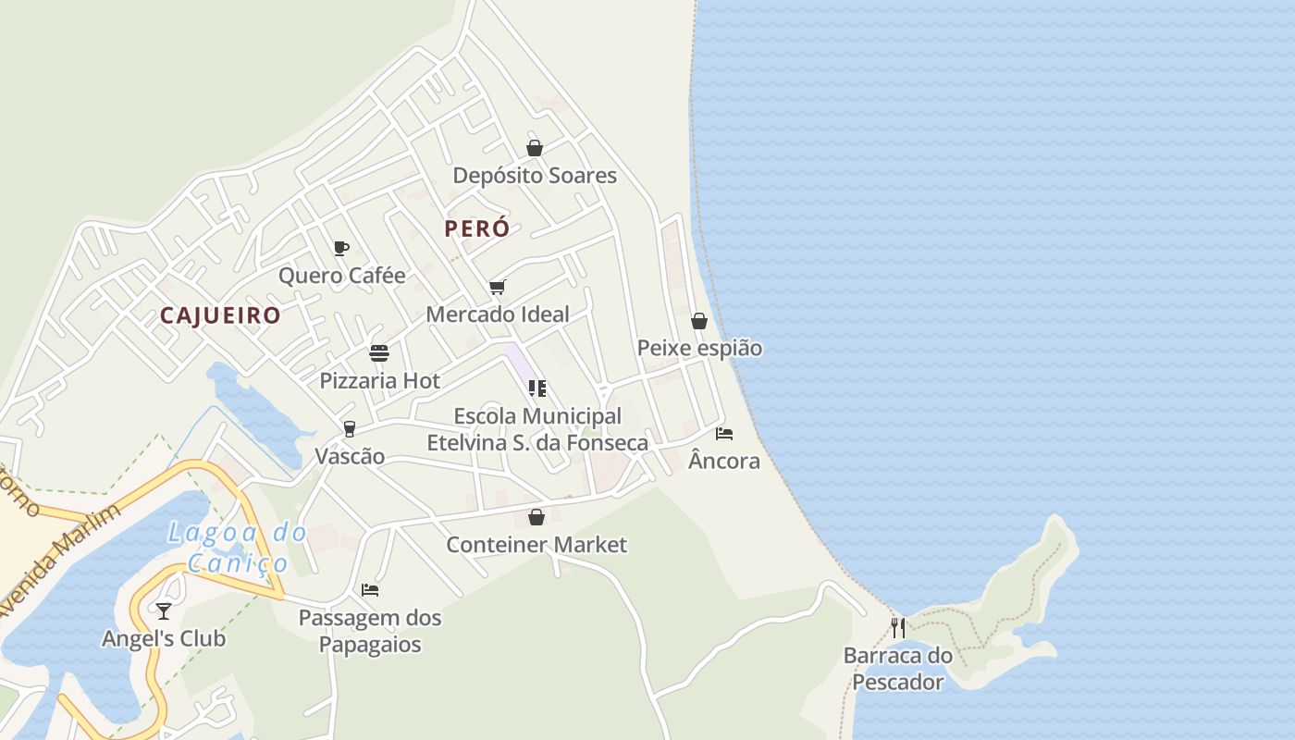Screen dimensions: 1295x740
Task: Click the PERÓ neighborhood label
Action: point(476,228)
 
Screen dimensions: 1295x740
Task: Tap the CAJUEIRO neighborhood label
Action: point(220,315)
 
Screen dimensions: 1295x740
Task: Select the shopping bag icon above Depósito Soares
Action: point(534,147)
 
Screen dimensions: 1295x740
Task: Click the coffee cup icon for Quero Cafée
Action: point(340,248)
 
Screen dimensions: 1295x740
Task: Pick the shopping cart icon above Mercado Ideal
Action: point(497,287)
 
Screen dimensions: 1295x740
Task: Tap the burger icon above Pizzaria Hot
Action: point(378,353)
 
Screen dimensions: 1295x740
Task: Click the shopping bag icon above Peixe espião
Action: point(699,321)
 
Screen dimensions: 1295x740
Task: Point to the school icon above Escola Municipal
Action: point(536,388)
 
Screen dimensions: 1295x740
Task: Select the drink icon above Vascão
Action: point(349,429)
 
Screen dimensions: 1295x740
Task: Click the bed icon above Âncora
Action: point(724,433)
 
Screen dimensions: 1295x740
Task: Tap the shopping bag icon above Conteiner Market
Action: point(536,517)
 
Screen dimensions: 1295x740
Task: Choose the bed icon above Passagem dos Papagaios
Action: point(370,590)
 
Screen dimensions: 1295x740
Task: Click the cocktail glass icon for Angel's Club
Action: point(164,611)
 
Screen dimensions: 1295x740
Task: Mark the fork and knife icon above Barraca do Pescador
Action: point(897,628)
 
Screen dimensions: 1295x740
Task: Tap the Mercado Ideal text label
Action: point(498,314)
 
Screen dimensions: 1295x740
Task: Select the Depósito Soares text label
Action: point(535,176)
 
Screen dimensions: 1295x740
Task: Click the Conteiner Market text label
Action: point(536,545)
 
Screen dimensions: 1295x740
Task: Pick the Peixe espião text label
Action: point(699,349)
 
